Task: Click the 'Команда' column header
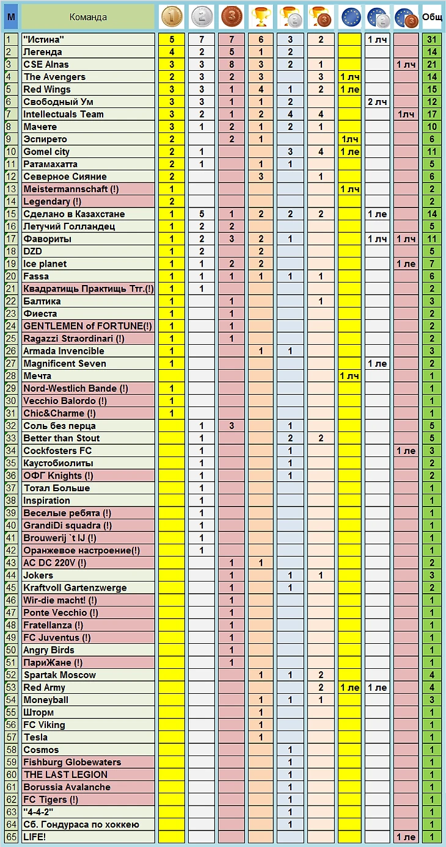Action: [x=88, y=17]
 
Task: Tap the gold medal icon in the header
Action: [x=172, y=17]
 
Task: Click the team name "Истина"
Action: [x=44, y=40]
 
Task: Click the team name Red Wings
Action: [x=47, y=89]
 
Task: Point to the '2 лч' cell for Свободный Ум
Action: [x=377, y=102]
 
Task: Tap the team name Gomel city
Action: [x=46, y=151]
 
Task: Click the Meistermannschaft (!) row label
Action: [x=71, y=189]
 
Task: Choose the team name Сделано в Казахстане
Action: [x=74, y=214]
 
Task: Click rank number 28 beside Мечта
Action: [x=10, y=376]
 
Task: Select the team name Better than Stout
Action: [x=62, y=438]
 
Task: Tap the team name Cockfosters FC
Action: [x=58, y=451]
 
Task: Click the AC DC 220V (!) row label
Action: [x=55, y=563]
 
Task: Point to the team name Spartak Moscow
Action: [x=60, y=675]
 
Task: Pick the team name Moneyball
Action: [x=46, y=700]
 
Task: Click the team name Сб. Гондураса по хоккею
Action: [x=81, y=824]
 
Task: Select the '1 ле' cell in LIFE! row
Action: [x=406, y=837]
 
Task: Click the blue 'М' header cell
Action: [x=10, y=17]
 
